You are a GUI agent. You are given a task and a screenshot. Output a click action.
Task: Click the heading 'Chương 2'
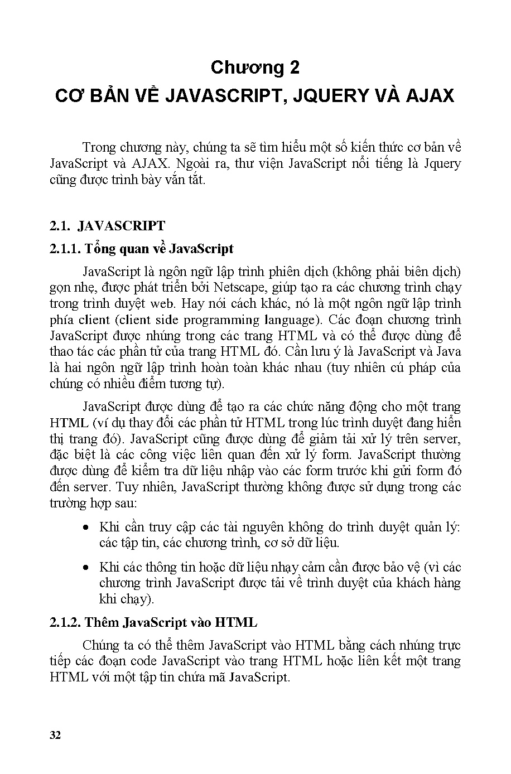click(255, 67)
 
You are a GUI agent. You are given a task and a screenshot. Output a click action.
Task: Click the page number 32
click(55, 734)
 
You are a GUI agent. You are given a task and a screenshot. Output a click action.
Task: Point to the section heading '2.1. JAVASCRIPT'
click(107, 226)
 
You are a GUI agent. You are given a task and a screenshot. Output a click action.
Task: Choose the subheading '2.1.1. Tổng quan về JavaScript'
click(141, 248)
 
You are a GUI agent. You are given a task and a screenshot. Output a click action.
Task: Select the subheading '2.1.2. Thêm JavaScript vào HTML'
click(153, 622)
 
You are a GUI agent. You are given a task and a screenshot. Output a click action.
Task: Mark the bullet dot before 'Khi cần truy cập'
click(85, 527)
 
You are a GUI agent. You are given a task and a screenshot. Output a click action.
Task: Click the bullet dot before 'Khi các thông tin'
click(85, 567)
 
